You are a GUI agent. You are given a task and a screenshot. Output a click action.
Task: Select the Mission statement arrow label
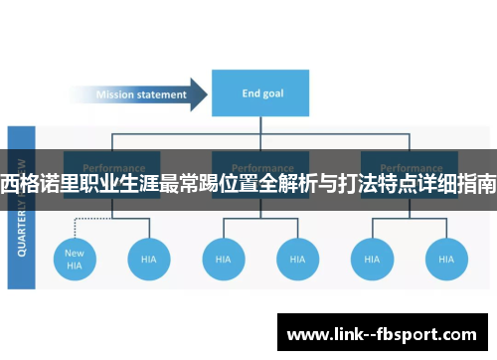point(140,95)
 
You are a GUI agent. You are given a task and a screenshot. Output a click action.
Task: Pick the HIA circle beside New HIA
point(148,259)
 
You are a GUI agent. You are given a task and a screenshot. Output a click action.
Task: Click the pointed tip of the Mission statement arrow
point(205,95)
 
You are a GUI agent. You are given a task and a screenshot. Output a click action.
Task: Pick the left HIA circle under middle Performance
point(223,259)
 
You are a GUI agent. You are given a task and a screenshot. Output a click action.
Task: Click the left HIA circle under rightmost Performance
point(371,259)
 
